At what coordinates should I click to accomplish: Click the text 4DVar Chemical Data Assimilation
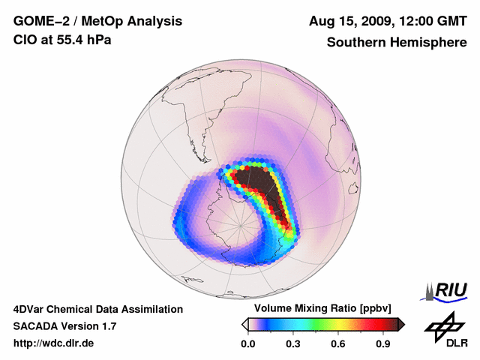click(x=98, y=309)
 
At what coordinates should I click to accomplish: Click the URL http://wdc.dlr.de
click(x=54, y=343)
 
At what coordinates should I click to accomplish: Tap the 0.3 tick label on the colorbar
click(x=294, y=343)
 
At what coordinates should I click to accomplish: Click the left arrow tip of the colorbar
click(x=244, y=324)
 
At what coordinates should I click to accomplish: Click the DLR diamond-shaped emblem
click(x=443, y=324)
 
